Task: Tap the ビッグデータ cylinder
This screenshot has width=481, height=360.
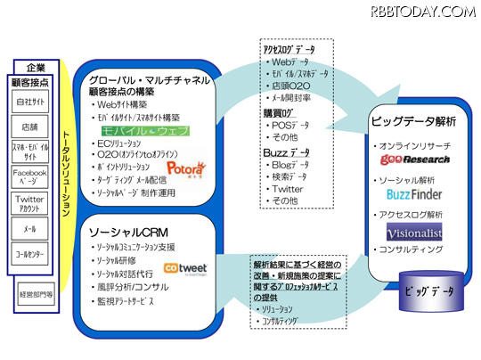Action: coord(423,290)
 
